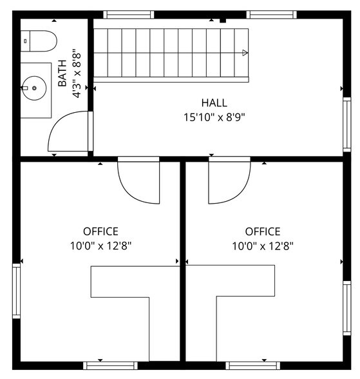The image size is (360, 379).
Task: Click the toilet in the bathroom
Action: [x=39, y=41]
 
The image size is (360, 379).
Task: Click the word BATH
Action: [x=62, y=74]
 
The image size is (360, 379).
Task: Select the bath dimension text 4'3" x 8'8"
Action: [x=76, y=73]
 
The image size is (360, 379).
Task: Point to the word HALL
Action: [x=214, y=102]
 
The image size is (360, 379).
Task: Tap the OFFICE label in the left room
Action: [x=100, y=231]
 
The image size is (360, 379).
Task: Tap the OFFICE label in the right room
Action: [x=262, y=231]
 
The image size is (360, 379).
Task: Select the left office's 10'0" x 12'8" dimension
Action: [x=100, y=246]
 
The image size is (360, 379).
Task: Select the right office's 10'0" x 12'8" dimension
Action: [x=262, y=246]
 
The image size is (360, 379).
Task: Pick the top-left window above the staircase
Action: [x=129, y=14]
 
